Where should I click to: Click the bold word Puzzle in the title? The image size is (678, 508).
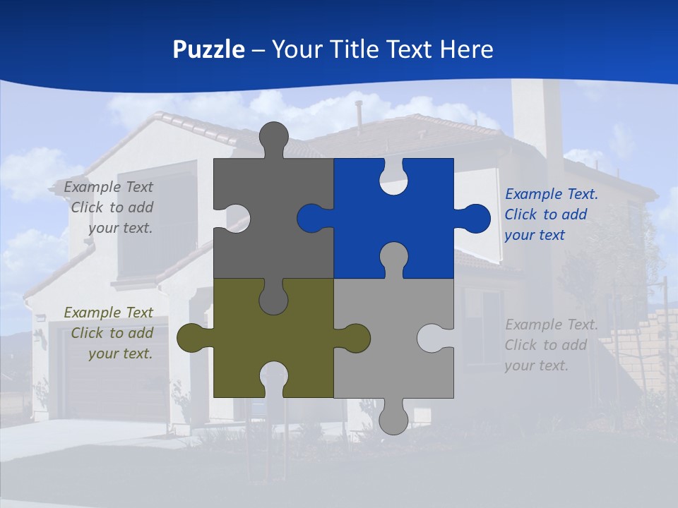coord(208,49)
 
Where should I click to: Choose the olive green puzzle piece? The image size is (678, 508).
coord(233,339)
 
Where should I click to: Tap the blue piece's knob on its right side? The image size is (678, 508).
coord(475,218)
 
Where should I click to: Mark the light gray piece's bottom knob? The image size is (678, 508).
coord(393,419)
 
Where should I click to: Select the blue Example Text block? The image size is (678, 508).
coord(551,214)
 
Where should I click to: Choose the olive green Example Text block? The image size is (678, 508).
coord(110,333)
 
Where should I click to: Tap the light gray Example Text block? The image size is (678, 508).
coord(551,345)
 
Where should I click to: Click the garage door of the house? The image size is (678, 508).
coord(113,381)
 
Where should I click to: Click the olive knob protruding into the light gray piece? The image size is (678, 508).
coord(353,338)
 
